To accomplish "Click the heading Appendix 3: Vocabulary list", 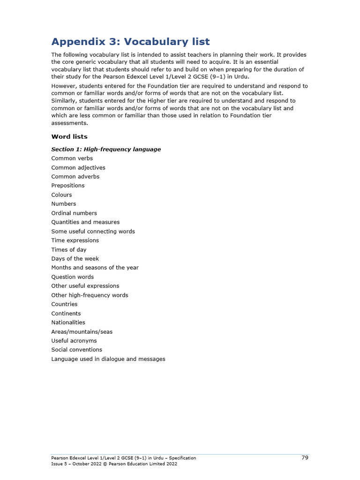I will pos(130,42).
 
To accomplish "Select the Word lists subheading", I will pos(69,137).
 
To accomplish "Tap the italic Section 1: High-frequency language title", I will pos(106,150).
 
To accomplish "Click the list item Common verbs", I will pos(72,158).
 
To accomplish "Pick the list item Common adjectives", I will pos(78,168).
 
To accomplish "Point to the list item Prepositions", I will pos(67,186).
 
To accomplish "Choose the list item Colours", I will pos(61,195).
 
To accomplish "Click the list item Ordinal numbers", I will pos(74,213).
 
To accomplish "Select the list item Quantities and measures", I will pos(85,222).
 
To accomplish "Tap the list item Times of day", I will pos(69,250).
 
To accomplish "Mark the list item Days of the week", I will pos(75,259).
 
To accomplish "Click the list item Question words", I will pos(72,277).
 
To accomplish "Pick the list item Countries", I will pos(64,304).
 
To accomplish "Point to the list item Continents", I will pos(66,314).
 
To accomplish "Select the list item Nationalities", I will pos(68,322).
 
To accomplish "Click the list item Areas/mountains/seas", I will pos(82,332).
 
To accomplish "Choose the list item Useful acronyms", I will pos(74,341).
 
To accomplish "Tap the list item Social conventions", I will pos(76,350).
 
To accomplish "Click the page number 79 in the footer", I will pos(305,457).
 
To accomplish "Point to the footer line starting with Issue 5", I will pos(114,464).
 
